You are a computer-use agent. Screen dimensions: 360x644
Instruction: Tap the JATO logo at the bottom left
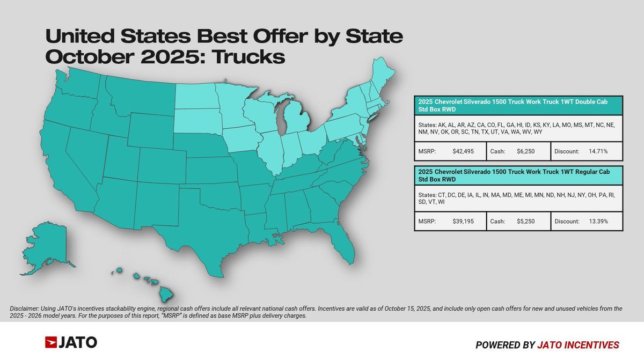[71, 342]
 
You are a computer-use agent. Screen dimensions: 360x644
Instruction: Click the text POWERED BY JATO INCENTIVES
[547, 344]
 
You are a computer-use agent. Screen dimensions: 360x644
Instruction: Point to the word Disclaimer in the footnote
[24, 308]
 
